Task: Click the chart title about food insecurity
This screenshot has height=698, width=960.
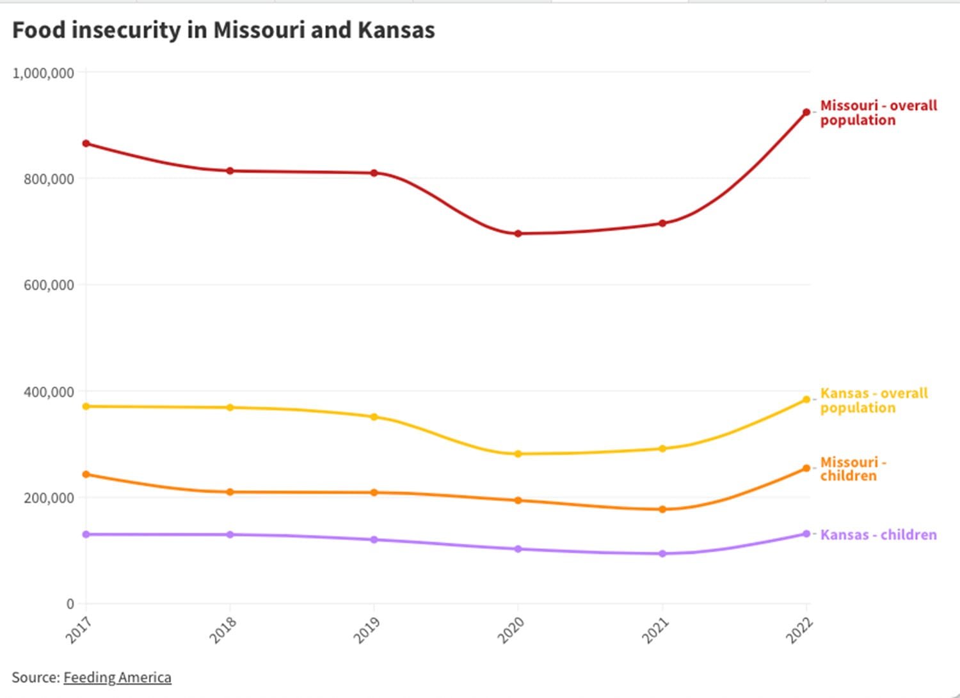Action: click(x=223, y=30)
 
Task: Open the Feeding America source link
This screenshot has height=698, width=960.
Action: click(x=117, y=678)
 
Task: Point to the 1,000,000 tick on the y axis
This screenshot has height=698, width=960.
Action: click(x=44, y=73)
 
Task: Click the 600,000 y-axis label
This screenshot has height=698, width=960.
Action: click(x=49, y=285)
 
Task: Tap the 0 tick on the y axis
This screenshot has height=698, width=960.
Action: click(x=70, y=603)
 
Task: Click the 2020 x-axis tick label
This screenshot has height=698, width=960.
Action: click(x=511, y=630)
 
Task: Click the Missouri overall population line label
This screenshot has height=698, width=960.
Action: click(x=878, y=113)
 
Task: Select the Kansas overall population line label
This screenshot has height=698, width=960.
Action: click(x=874, y=401)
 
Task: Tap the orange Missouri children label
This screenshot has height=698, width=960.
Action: click(x=852, y=469)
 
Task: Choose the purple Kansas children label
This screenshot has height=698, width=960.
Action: click(x=878, y=535)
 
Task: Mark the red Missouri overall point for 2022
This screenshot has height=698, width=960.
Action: click(x=806, y=113)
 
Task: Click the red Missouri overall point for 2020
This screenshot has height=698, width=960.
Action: click(x=518, y=234)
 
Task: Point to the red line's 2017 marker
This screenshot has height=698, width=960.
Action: click(x=86, y=143)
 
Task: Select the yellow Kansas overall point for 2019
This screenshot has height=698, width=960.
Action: click(x=374, y=417)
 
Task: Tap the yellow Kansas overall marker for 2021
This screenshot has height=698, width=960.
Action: click(x=662, y=448)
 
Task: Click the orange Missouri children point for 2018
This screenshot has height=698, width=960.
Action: click(x=230, y=492)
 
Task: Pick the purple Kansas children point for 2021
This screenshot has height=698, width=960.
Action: click(x=662, y=553)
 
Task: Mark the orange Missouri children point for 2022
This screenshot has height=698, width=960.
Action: click(x=806, y=468)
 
